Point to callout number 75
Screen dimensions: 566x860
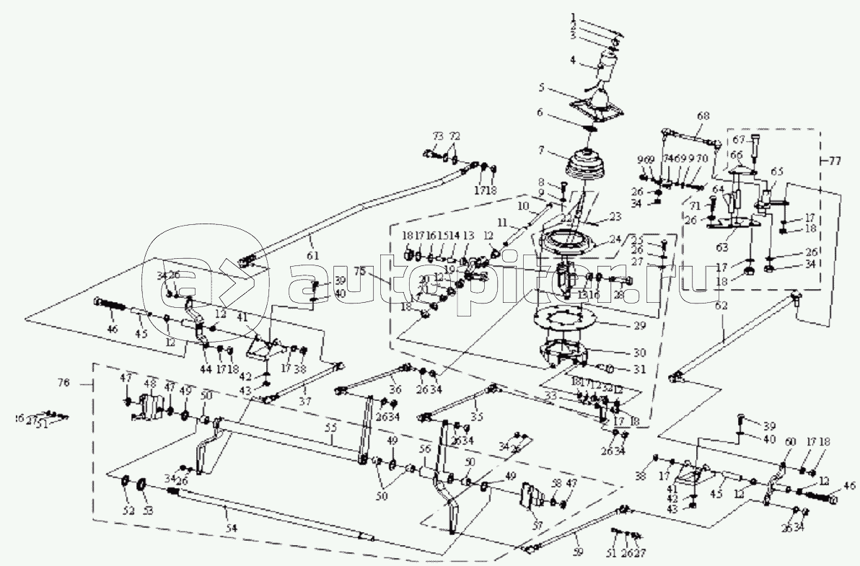coord(380,271)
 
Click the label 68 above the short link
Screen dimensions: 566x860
coord(703,115)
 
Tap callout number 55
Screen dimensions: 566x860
coord(330,427)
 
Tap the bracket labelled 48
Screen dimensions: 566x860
coord(148,407)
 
